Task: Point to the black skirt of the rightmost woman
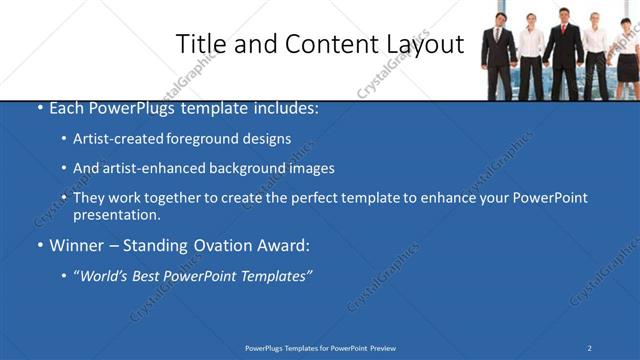(627, 68)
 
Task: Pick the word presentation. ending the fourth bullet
(117, 214)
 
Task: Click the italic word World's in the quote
(104, 276)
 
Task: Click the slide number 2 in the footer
(589, 347)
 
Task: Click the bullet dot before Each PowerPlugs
(39, 107)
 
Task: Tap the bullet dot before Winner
(39, 245)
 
